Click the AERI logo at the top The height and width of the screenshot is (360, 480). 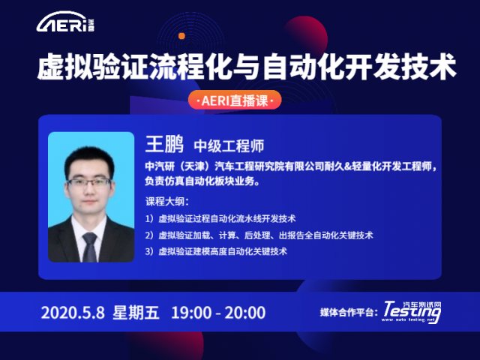pos(65,22)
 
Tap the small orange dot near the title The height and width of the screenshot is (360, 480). pos(181,36)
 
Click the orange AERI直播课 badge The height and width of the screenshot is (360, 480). pos(235,100)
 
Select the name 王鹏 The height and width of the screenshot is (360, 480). pos(164,144)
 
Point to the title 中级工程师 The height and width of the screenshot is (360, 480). pos(229,145)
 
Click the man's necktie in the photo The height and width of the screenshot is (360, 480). pos(90,247)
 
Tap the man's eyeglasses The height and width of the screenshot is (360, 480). pos(88,182)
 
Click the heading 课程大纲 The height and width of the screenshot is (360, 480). pos(167,202)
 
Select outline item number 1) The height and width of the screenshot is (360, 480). pos(220,218)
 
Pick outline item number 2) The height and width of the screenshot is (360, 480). pos(259,235)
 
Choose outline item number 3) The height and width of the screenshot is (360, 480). pos(216,251)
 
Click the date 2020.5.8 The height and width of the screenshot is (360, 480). pos(73,313)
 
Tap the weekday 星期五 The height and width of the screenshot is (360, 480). pos(136,312)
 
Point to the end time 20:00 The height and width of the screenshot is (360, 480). pos(245,313)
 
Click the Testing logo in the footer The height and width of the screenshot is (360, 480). pos(412,312)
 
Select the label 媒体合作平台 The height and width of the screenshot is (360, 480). pos(348,312)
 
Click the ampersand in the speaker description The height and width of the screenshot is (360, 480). pos(347,166)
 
